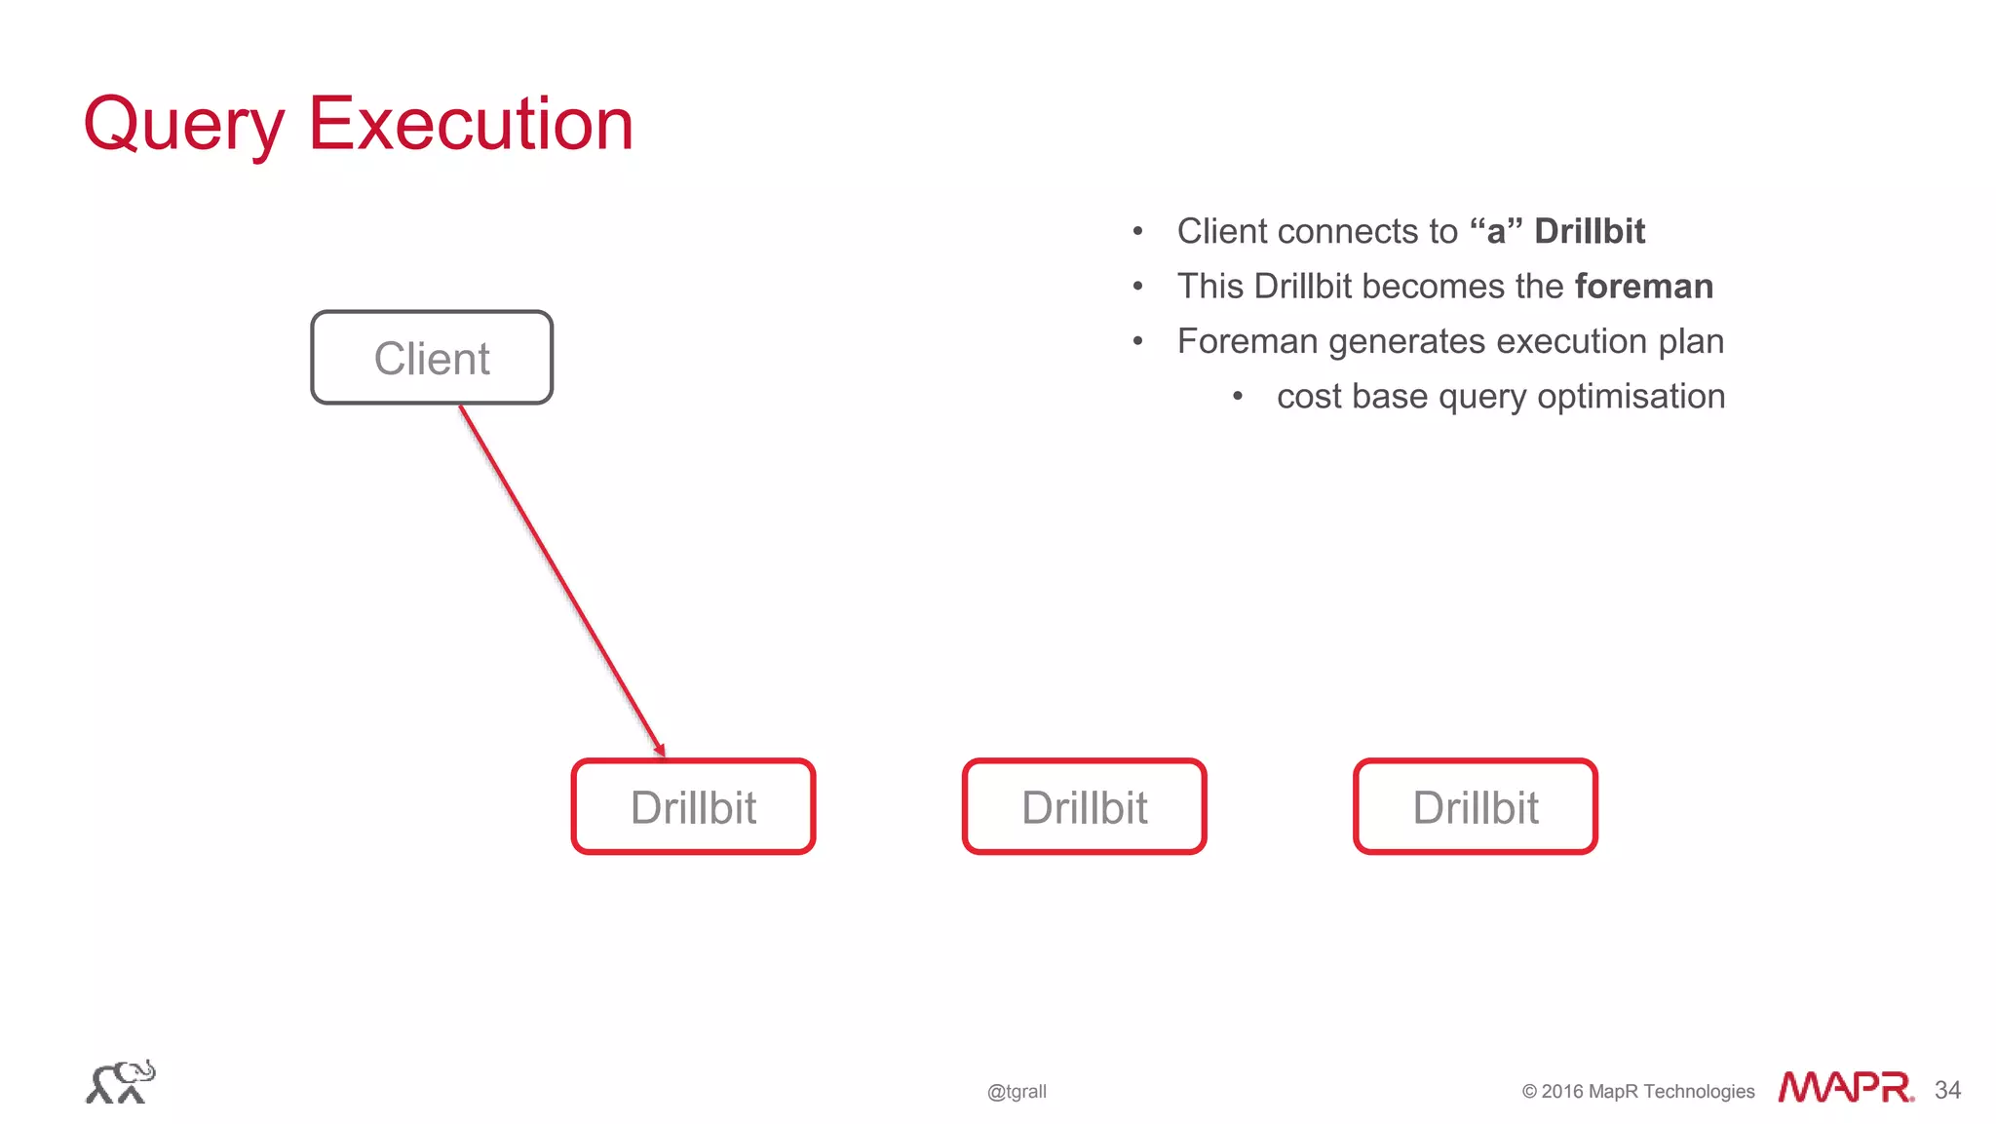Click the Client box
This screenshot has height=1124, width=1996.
[x=432, y=358]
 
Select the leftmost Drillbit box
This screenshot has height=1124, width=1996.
[x=693, y=807]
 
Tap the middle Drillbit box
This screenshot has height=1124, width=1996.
[x=1084, y=807]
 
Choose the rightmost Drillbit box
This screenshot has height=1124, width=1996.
[x=1476, y=807]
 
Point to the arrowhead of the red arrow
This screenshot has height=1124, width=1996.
[x=660, y=750]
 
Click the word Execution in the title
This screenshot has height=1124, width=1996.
[x=471, y=124]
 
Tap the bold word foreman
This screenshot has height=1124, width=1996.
[x=1643, y=287]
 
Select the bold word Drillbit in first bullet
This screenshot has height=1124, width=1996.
[x=1589, y=232]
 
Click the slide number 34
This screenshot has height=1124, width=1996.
[x=1947, y=1090]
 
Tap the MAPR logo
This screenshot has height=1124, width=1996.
[x=1845, y=1087]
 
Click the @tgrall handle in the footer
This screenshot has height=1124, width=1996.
[x=1017, y=1092]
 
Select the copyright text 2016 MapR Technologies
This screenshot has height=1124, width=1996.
[x=1647, y=1092]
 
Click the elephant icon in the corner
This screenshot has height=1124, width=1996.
[x=121, y=1082]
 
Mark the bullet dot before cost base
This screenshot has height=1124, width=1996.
[x=1237, y=397]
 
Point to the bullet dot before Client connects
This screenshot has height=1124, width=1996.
[x=1137, y=232]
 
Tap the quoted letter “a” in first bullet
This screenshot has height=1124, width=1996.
[x=1495, y=232]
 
